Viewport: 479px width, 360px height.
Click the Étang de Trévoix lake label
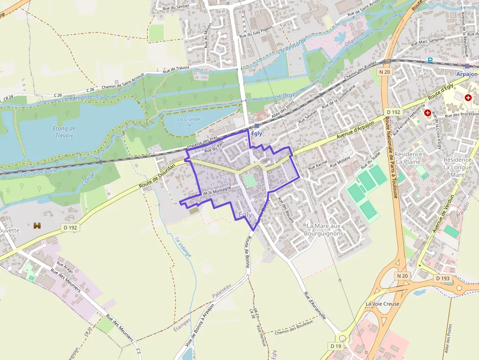(64, 132)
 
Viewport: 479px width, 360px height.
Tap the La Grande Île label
(189, 122)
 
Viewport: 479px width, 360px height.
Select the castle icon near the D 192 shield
(37, 225)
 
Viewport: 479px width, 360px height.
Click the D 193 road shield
(443, 278)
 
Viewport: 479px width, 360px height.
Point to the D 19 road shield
(336, 346)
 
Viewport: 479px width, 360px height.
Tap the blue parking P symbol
(430, 60)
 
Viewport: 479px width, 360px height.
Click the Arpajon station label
(466, 74)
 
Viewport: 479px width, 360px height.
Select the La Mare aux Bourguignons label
(325, 230)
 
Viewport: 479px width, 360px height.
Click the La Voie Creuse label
(382, 304)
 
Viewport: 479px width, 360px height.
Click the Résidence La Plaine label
(409, 157)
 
